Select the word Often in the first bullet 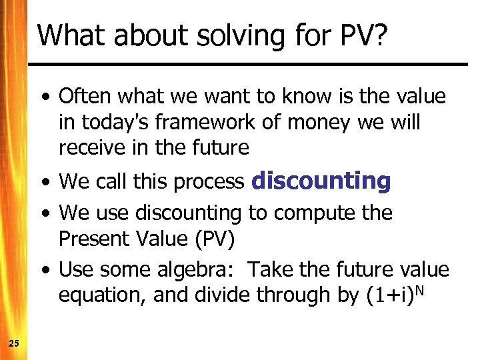point(85,97)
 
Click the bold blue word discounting point(321,181)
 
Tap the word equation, point(102,295)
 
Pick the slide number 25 point(14,343)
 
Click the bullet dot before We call point(43,182)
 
